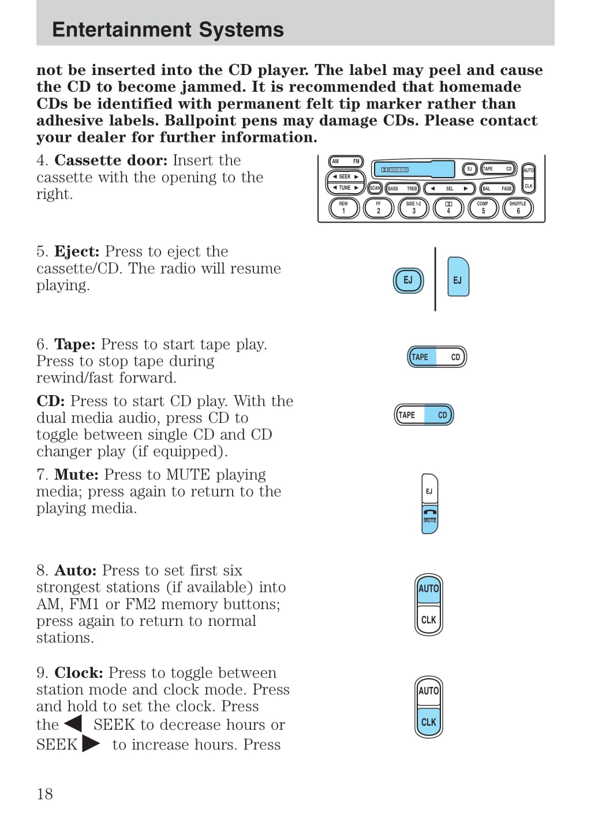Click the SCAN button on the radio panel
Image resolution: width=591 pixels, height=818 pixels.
(375, 188)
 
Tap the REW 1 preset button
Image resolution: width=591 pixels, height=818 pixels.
(344, 208)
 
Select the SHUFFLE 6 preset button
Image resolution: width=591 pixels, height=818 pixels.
(518, 208)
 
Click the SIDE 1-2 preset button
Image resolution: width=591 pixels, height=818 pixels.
(413, 208)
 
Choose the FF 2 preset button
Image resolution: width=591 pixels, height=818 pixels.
(379, 208)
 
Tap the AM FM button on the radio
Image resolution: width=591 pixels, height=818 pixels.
(346, 162)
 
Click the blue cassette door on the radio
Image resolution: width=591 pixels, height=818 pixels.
(413, 169)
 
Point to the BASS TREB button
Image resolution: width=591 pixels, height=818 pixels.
(402, 189)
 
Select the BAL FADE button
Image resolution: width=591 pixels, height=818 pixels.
(497, 189)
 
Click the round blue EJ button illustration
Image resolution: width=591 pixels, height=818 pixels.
(408, 280)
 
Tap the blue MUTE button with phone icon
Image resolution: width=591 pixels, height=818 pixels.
(430, 517)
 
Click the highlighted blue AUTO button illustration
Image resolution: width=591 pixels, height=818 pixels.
(429, 588)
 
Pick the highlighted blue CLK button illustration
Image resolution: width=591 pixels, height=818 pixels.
(429, 722)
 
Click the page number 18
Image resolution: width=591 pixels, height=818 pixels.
(44, 794)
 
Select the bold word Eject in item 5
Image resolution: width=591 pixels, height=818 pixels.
(77, 252)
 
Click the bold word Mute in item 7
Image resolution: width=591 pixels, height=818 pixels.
(76, 475)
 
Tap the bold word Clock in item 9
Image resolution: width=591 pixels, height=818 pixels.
(78, 673)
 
